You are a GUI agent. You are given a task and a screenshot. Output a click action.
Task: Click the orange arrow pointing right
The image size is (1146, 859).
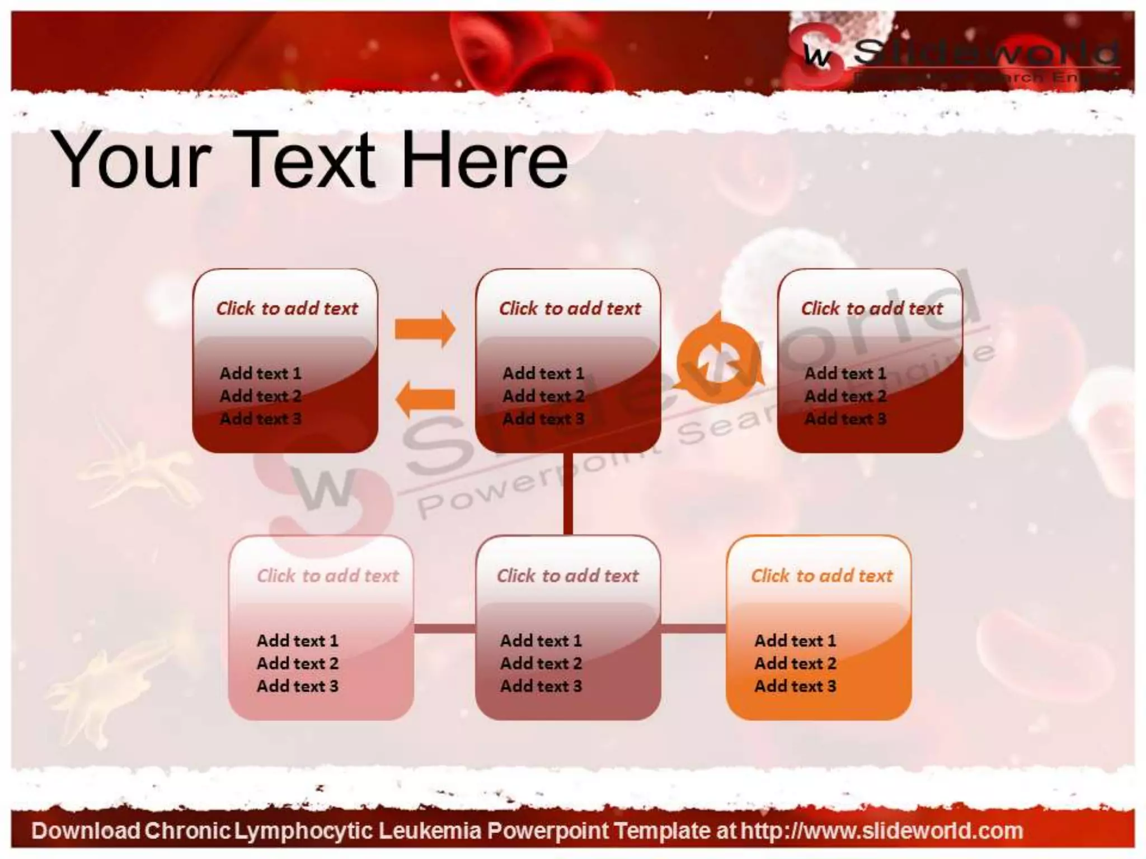(x=425, y=329)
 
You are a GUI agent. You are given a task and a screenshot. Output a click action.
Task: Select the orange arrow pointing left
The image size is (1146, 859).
(x=425, y=399)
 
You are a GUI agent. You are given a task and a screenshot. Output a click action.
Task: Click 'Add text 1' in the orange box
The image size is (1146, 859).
(x=795, y=640)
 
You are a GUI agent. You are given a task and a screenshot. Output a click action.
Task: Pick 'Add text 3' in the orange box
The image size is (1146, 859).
(x=795, y=686)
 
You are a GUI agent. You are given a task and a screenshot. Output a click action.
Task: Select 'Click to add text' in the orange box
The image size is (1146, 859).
(x=821, y=575)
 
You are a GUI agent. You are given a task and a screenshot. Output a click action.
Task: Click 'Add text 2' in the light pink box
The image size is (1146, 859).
(x=297, y=663)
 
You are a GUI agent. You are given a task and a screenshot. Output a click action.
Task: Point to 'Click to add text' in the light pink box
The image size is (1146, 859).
(x=327, y=575)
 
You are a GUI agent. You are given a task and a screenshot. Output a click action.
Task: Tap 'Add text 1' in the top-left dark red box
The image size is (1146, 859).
(x=260, y=373)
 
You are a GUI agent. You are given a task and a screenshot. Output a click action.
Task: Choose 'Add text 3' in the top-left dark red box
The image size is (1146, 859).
(x=260, y=419)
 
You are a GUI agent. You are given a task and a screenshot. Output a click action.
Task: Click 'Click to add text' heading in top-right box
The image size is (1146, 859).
(x=872, y=308)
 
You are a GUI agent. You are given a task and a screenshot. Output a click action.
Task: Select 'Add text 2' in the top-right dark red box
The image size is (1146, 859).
(x=845, y=396)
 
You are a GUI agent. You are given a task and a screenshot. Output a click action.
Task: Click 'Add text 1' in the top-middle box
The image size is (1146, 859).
(x=543, y=373)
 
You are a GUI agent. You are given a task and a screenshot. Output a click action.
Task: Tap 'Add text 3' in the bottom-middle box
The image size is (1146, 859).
(x=541, y=686)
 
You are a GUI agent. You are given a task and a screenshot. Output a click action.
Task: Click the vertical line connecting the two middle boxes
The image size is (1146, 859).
(x=568, y=493)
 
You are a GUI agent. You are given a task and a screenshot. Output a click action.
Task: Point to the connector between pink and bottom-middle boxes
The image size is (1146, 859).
(x=444, y=629)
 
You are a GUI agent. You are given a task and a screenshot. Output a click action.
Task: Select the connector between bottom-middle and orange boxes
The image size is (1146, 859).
(x=693, y=629)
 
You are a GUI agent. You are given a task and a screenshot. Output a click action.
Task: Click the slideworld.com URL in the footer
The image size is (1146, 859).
(x=882, y=831)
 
